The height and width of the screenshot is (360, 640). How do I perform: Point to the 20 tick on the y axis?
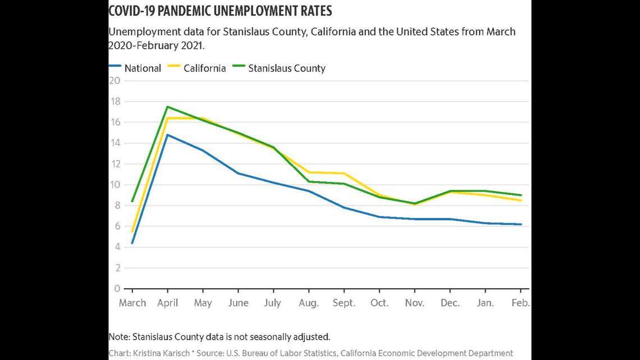coord(115,80)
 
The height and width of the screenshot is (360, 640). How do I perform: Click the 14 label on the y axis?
coord(115,143)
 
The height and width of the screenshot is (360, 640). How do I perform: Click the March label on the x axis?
coord(132,303)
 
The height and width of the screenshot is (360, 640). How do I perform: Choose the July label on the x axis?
coord(273,303)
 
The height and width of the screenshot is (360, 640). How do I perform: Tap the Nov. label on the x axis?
coord(414,303)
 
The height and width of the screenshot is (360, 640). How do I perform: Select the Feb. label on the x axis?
coord(520,303)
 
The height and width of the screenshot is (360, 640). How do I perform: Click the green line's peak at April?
coord(168,107)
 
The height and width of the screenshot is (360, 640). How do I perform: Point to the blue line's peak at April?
coord(168,134)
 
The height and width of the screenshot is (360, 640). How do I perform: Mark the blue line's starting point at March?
coord(132,243)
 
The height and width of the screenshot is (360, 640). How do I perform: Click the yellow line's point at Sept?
coord(344,173)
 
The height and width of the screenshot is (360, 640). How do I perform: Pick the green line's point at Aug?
coord(309,181)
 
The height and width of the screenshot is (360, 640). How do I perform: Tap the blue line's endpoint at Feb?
coord(522,224)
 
